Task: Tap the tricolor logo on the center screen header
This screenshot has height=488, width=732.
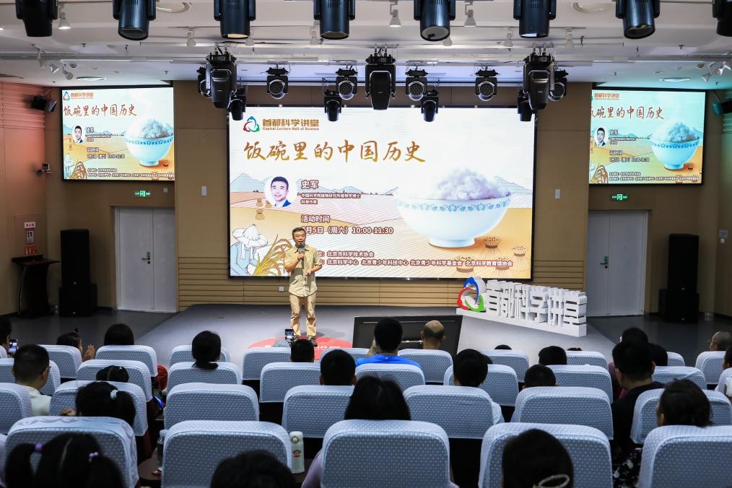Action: tap(251, 124)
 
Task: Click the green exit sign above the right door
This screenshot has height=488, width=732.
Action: tap(619, 197)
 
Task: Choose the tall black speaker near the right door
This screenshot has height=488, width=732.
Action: tap(681, 274)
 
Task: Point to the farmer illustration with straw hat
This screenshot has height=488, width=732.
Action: tap(250, 245)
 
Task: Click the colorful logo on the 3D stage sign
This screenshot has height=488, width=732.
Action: tap(472, 295)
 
